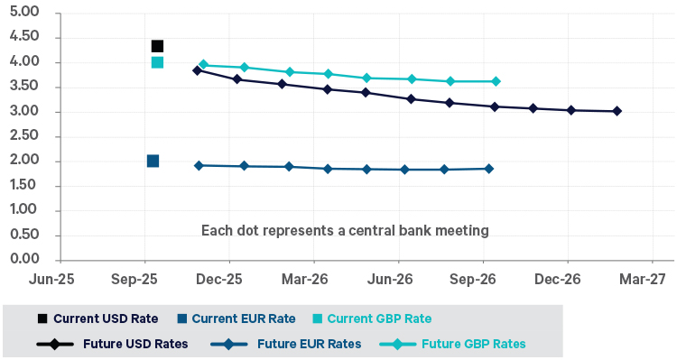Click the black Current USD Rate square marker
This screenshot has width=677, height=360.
pyautogui.click(x=157, y=46)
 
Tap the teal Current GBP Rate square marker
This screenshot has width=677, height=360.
pyautogui.click(x=157, y=62)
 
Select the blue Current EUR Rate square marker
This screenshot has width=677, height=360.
pyautogui.click(x=153, y=161)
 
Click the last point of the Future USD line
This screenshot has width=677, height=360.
pyautogui.click(x=617, y=111)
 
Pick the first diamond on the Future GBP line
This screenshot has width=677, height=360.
pyautogui.click(x=203, y=65)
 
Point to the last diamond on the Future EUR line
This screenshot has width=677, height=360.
pyautogui.click(x=488, y=169)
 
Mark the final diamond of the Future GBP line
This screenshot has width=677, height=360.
pyautogui.click(x=496, y=81)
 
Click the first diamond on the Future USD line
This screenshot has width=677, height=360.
pyautogui.click(x=198, y=69)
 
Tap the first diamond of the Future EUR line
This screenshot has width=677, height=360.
pyautogui.click(x=199, y=165)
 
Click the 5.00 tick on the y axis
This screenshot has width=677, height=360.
pyautogui.click(x=28, y=13)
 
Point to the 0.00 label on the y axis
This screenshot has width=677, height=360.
pyautogui.click(x=28, y=260)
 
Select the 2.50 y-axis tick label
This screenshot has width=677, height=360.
pyautogui.click(x=28, y=136)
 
